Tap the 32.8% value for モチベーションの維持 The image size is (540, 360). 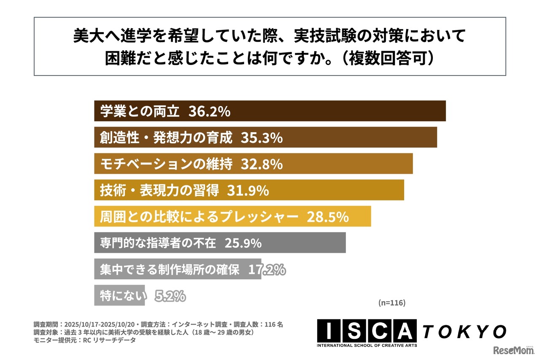(x=261, y=164)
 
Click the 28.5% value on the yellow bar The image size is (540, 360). (x=328, y=217)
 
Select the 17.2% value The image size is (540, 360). (x=267, y=269)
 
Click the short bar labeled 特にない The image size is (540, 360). (x=119, y=295)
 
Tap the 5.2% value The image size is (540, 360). (x=170, y=296)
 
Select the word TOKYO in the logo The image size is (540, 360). (x=464, y=332)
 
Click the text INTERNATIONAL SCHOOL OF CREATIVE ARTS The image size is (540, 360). (x=367, y=345)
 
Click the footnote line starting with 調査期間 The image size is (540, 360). (x=158, y=325)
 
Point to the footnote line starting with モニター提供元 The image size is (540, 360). (x=85, y=340)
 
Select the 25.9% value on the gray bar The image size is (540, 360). (x=243, y=243)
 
